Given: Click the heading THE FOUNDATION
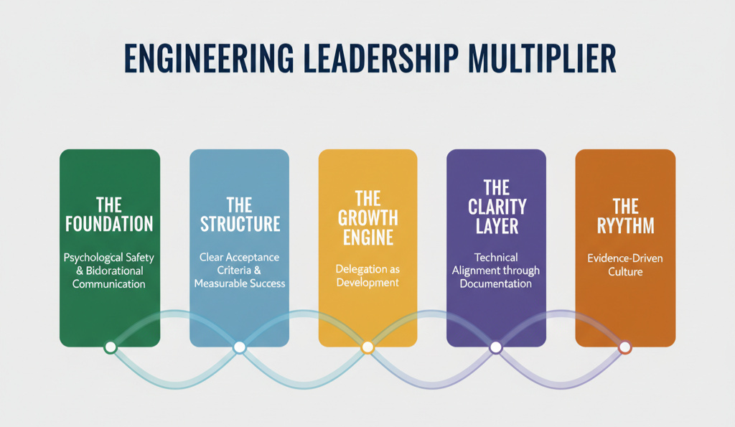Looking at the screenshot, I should coord(109,215).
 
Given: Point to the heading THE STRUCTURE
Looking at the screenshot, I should coord(239,215).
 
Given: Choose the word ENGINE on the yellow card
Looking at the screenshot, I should coord(367,238).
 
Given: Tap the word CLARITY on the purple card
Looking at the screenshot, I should coord(496,207).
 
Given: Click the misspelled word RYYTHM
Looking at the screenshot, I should coord(625,226).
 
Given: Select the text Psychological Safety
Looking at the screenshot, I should coord(109,257).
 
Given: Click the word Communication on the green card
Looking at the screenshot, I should coord(109,284).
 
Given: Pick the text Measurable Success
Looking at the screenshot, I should coord(239,283).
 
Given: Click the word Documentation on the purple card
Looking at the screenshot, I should coord(496,284).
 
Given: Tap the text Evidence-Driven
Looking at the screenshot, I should coord(625,259).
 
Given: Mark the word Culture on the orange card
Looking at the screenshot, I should coord(625,273).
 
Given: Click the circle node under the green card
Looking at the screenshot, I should coord(110,347).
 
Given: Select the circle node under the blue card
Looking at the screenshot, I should coord(240,347).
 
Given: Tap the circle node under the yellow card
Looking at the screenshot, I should coord(367,347).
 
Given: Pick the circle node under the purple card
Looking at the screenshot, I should coord(495,347).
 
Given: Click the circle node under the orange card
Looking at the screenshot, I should coord(625,347).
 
